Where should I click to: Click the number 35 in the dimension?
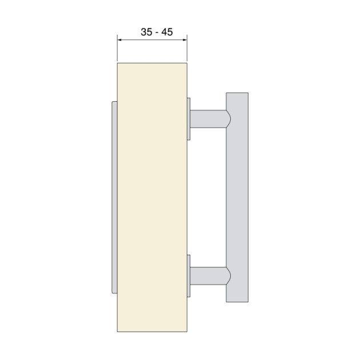[x=147, y=32]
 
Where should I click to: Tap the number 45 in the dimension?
[x=167, y=32]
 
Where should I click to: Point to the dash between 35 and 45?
[x=157, y=33]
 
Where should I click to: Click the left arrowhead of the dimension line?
[x=119, y=39]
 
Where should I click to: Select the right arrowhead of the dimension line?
[x=185, y=39]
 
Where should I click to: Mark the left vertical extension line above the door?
[x=117, y=48]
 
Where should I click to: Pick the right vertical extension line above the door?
[x=187, y=48]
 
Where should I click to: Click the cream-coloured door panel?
[x=152, y=194]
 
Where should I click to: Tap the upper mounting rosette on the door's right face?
[x=189, y=118]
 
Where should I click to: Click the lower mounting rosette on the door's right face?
[x=189, y=277]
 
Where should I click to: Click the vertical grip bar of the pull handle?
[x=237, y=197]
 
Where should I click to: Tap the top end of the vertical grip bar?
[x=237, y=95]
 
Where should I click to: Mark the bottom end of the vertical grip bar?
[x=237, y=299]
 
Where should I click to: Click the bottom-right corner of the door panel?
[x=187, y=332]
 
